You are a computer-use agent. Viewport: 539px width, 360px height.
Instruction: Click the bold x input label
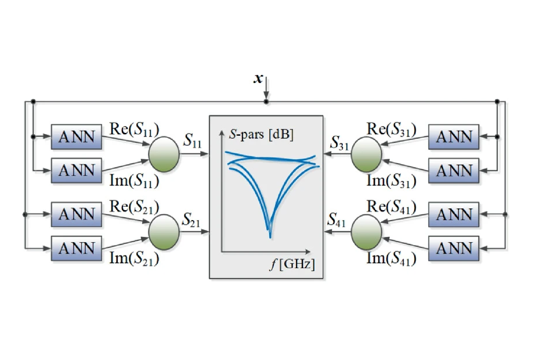click(258, 78)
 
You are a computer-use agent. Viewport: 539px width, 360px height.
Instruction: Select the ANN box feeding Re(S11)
click(77, 137)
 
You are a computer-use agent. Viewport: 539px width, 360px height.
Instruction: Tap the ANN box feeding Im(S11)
click(77, 171)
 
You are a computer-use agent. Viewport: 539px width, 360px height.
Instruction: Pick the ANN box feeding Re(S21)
click(77, 215)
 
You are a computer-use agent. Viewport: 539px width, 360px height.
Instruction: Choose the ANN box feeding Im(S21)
click(77, 249)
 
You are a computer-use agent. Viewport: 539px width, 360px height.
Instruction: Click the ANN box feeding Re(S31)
click(454, 137)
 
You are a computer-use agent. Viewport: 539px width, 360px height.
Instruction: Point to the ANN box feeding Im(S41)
click(454, 249)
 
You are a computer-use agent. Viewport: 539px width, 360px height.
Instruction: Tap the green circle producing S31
click(367, 154)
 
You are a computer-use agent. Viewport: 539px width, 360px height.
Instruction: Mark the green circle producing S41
click(367, 232)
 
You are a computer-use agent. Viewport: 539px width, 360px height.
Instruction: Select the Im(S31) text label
click(392, 181)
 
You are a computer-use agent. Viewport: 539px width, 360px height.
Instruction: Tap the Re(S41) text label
click(392, 207)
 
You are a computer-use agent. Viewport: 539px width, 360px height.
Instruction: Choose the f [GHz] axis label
click(292, 265)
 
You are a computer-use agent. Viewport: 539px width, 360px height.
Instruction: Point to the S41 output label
click(337, 220)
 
